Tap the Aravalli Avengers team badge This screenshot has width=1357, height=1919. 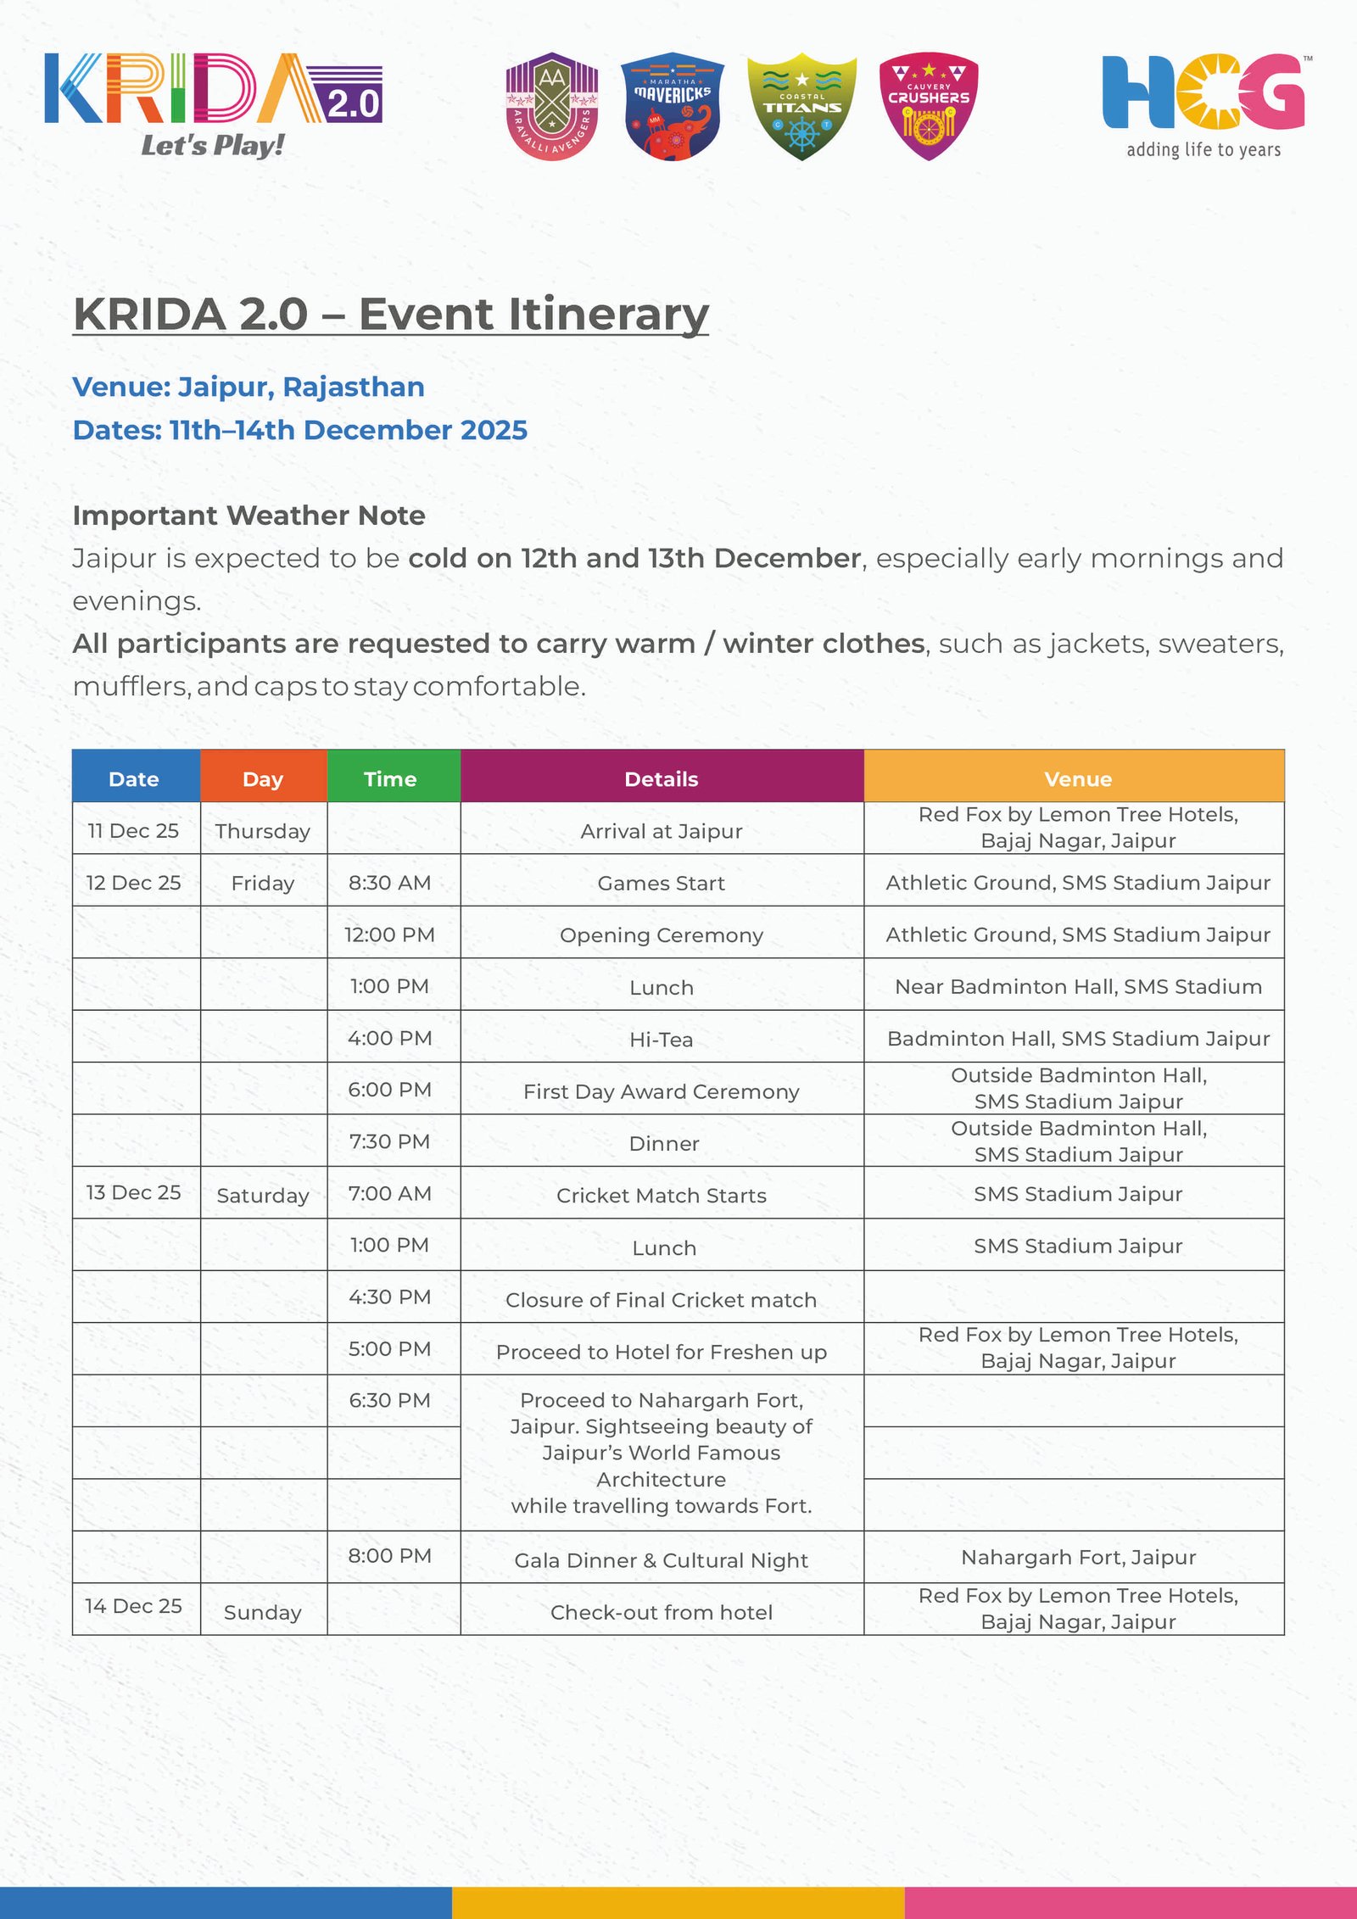click(552, 106)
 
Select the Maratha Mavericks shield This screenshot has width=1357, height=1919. click(673, 106)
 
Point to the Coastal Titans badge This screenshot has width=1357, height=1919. click(801, 107)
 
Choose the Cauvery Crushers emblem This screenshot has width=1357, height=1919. click(929, 106)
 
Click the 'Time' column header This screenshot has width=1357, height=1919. click(390, 778)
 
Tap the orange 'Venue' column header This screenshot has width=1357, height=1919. click(1077, 778)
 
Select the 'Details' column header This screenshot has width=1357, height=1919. click(662, 778)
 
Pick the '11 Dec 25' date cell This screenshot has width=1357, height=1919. click(133, 830)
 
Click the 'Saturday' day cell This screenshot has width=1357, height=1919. click(263, 1195)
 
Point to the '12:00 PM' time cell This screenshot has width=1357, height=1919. click(390, 934)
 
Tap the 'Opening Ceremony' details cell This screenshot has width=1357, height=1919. click(662, 934)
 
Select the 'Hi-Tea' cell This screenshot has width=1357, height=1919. click(662, 1039)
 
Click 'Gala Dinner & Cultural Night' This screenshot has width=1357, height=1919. click(662, 1559)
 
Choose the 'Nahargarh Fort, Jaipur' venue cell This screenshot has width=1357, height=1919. click(1078, 1557)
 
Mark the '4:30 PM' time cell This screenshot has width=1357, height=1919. click(390, 1297)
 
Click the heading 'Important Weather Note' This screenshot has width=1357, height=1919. click(249, 515)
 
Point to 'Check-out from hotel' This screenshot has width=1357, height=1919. click(662, 1612)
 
